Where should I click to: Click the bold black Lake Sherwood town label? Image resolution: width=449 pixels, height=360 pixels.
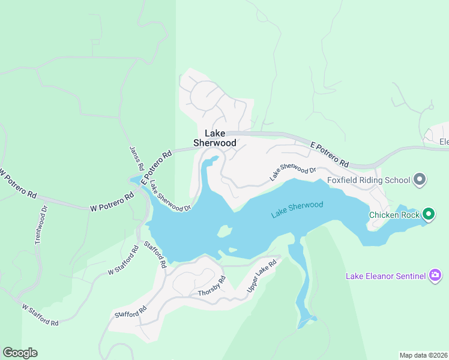[x=214, y=138]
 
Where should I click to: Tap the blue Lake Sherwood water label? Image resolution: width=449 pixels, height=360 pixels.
[x=297, y=209]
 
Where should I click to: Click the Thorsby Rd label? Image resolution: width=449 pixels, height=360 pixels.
[x=211, y=287]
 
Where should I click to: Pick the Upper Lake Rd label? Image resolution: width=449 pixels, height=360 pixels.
[x=262, y=276]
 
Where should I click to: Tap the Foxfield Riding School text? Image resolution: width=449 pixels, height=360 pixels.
[x=369, y=180]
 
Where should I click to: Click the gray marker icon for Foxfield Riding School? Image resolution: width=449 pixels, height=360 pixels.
[x=420, y=179]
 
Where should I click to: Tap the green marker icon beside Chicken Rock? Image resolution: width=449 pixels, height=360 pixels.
[x=428, y=214]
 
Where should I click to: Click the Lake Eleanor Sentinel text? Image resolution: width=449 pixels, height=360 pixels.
[x=385, y=276]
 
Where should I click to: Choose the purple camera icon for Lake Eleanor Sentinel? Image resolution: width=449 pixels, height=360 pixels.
[x=436, y=276]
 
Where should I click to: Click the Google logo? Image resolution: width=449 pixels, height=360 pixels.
[x=20, y=353]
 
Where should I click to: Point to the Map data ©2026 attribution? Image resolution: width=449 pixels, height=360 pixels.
[x=423, y=355]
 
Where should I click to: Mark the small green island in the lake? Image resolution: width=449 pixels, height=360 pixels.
[x=224, y=231]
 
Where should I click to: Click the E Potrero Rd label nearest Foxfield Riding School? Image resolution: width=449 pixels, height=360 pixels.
[x=330, y=154]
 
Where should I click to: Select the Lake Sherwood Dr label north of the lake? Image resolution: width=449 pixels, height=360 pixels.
[x=292, y=172]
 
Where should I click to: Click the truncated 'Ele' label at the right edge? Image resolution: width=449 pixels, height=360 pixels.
[x=443, y=142]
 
